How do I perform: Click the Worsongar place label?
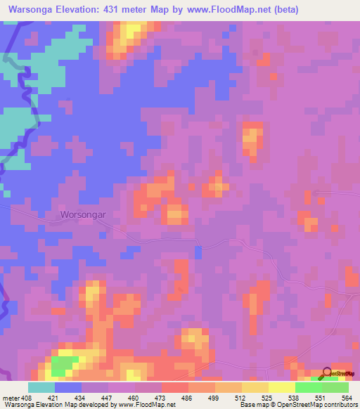coord(83,214)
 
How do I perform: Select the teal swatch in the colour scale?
coord(41,387)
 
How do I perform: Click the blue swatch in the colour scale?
coord(68,387)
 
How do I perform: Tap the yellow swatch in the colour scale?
coord(282,387)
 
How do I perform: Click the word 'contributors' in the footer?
coord(340,405)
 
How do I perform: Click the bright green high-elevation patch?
coord(63,365)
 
